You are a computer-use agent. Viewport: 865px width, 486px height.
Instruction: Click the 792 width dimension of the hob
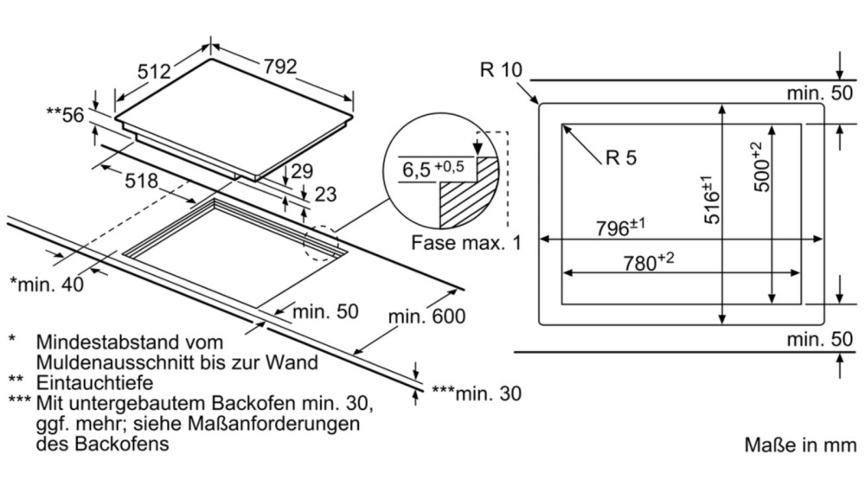pyautogui.click(x=280, y=66)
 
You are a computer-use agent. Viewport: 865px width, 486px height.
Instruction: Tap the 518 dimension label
pyautogui.click(x=140, y=181)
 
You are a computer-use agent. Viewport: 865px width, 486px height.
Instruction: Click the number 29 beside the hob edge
pyautogui.click(x=302, y=171)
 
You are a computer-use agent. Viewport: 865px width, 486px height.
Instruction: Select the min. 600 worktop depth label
pyautogui.click(x=426, y=317)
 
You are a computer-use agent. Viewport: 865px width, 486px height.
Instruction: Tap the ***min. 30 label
pyautogui.click(x=477, y=394)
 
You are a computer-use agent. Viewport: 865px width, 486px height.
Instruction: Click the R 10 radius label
pyautogui.click(x=499, y=70)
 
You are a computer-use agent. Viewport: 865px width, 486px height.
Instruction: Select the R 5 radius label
pyautogui.click(x=621, y=157)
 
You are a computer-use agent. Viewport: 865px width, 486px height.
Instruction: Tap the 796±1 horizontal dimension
pyautogui.click(x=621, y=228)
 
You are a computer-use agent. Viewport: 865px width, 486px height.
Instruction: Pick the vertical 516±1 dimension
pyautogui.click(x=710, y=201)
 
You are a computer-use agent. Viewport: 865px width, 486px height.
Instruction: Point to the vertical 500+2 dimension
pyautogui.click(x=758, y=165)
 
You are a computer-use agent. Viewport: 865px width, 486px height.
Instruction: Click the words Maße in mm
pyautogui.click(x=799, y=445)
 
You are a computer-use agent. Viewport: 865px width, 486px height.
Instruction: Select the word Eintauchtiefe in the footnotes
pyautogui.click(x=95, y=381)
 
